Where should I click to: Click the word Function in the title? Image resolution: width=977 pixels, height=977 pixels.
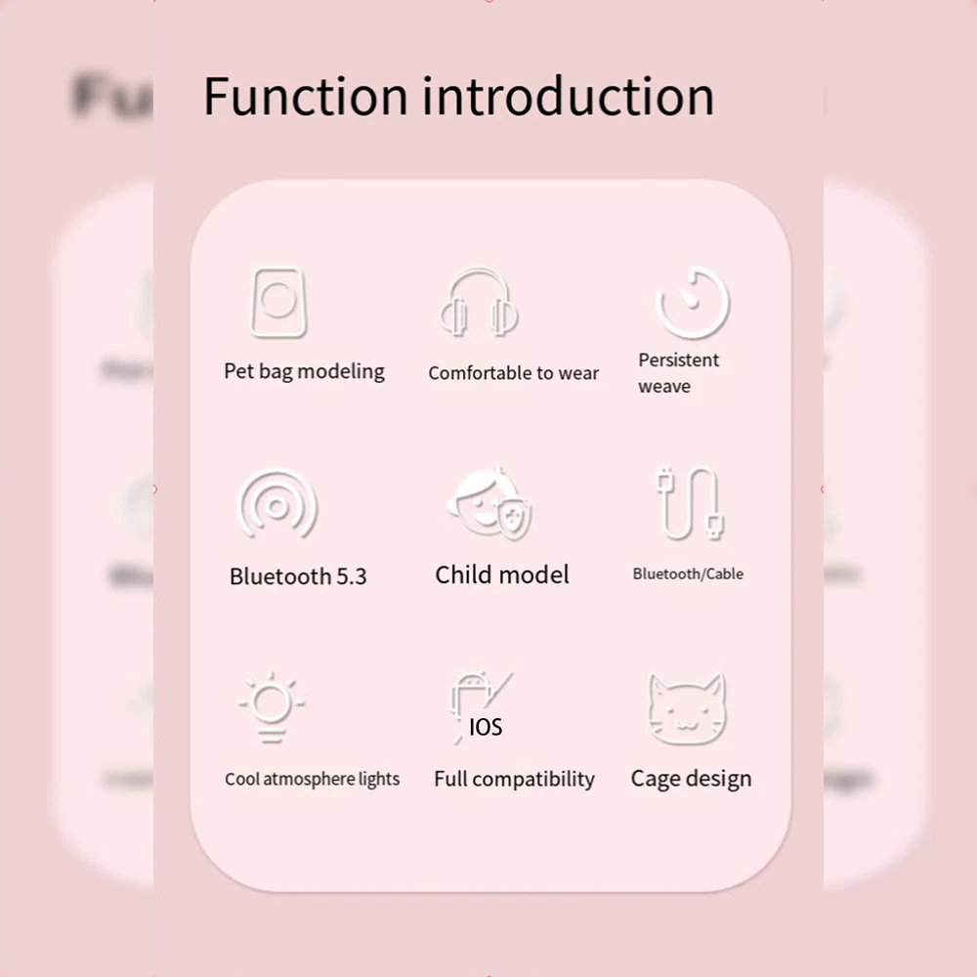[x=306, y=96]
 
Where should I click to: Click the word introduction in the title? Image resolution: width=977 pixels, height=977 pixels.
[x=568, y=96]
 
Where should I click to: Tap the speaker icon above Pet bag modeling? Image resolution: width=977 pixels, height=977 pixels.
[x=277, y=303]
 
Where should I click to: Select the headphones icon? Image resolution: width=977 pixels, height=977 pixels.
[x=479, y=303]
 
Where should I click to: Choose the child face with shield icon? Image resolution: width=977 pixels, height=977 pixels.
[x=489, y=503]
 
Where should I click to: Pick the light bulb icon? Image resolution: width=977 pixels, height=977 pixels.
[x=272, y=707]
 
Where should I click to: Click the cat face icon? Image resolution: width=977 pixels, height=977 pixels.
[x=687, y=709]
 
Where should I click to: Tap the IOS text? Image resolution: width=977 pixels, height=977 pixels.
[x=486, y=727]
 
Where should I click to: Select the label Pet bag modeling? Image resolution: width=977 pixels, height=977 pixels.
[x=304, y=371]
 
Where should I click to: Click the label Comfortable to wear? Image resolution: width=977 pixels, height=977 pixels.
[x=514, y=372]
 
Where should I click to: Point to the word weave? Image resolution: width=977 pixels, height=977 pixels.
[x=664, y=386]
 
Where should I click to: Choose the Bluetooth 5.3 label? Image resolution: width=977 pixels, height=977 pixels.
[x=298, y=576]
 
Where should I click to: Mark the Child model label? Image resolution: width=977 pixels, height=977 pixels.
[x=502, y=574]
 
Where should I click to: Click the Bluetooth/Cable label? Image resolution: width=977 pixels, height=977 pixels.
[x=688, y=573]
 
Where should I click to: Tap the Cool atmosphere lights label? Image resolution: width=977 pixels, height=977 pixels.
[x=313, y=779]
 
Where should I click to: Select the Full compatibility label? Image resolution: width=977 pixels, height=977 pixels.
[x=515, y=779]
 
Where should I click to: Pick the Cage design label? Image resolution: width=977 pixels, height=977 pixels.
[x=691, y=779]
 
